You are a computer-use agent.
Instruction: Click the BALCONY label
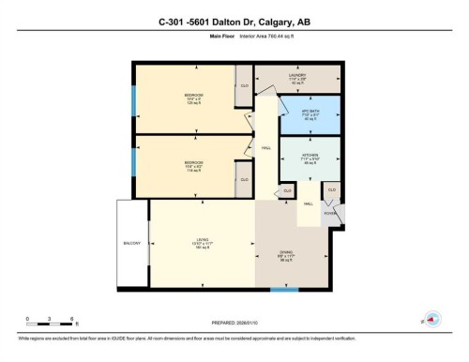pos(131,244)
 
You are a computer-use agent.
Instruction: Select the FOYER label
pos(330,214)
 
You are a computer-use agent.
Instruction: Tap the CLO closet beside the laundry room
pos(243,85)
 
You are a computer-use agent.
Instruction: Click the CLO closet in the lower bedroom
pos(243,179)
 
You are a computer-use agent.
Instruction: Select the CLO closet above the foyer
pos(330,190)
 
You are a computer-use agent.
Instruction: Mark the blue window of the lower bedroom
pos(134,159)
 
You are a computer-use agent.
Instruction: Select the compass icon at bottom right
pos(432,319)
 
